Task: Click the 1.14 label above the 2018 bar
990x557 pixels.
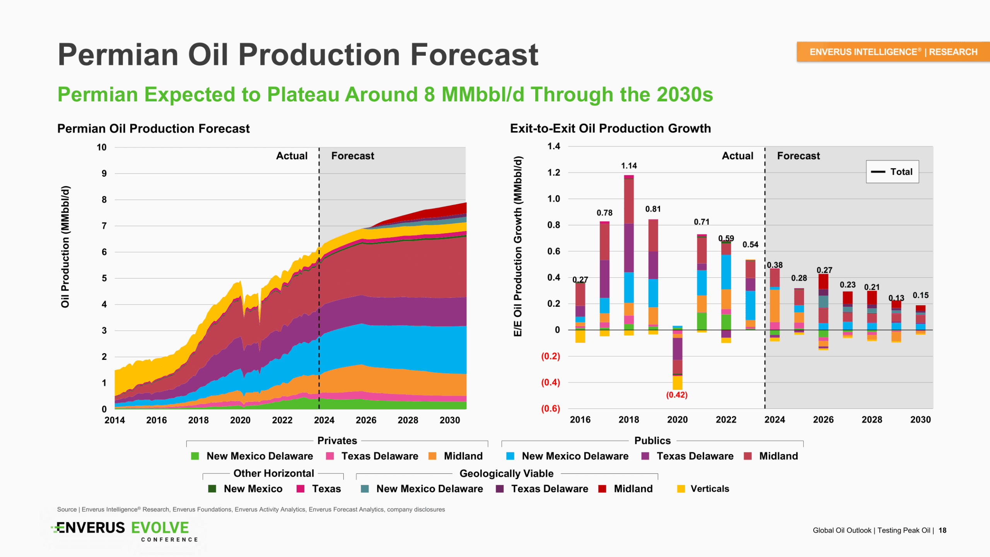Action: (629, 166)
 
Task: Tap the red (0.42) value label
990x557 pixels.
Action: (676, 395)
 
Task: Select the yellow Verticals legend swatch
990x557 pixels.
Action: (681, 489)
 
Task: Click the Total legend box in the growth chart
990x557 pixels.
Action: (892, 172)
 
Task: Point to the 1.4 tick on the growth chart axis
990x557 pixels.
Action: (554, 146)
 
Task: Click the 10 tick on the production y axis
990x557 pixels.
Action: (102, 147)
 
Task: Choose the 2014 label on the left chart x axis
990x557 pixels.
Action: (114, 420)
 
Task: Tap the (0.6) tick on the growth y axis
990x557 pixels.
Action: (551, 408)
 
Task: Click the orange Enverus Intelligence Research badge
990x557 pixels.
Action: (893, 52)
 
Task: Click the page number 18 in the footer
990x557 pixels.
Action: (942, 530)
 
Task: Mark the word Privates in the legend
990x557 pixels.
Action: (337, 441)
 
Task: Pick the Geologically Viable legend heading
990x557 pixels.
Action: (506, 473)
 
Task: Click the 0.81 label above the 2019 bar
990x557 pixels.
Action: (653, 209)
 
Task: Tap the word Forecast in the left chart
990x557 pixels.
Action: (353, 156)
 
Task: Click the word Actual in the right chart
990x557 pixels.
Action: (737, 156)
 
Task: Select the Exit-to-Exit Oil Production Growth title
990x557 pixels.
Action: (610, 128)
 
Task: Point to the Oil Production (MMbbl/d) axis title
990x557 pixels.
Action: (65, 247)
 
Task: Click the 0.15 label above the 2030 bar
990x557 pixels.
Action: (920, 296)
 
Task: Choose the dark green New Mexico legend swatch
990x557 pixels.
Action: (212, 489)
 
